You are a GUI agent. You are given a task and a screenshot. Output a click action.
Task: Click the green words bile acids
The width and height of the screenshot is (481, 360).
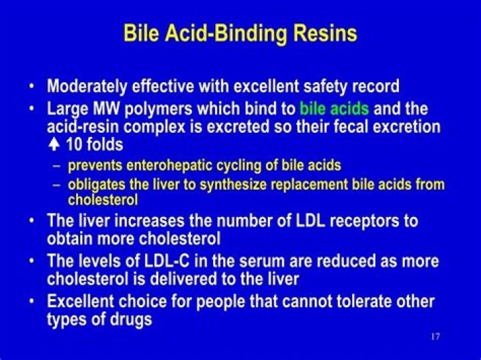click(x=334, y=108)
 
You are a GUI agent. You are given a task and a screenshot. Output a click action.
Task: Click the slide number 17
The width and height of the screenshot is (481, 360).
click(x=435, y=336)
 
